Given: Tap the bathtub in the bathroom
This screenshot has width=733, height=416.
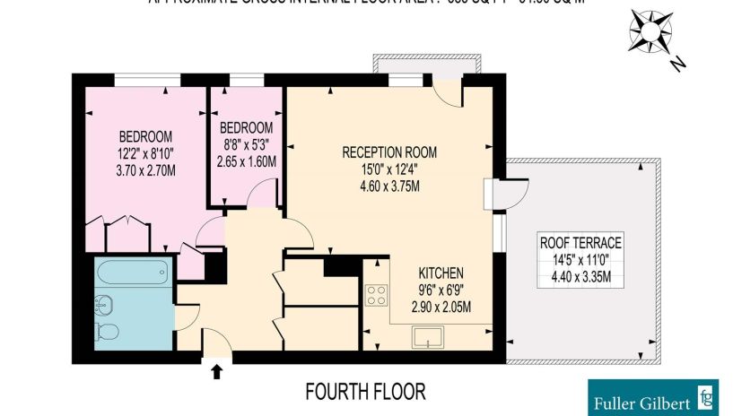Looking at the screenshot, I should pyautogui.click(x=133, y=272).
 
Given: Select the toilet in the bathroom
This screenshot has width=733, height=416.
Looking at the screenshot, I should pyautogui.click(x=107, y=333).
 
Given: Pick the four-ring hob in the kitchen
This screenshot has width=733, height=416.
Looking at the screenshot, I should pyautogui.click(x=376, y=295).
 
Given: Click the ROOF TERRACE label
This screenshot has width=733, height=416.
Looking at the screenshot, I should pyautogui.click(x=580, y=242).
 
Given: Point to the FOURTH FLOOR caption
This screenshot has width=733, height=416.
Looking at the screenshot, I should pyautogui.click(x=364, y=392).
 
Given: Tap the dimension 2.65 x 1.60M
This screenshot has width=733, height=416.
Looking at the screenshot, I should pyautogui.click(x=247, y=161).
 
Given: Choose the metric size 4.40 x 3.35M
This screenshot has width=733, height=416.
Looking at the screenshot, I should pyautogui.click(x=580, y=277).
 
